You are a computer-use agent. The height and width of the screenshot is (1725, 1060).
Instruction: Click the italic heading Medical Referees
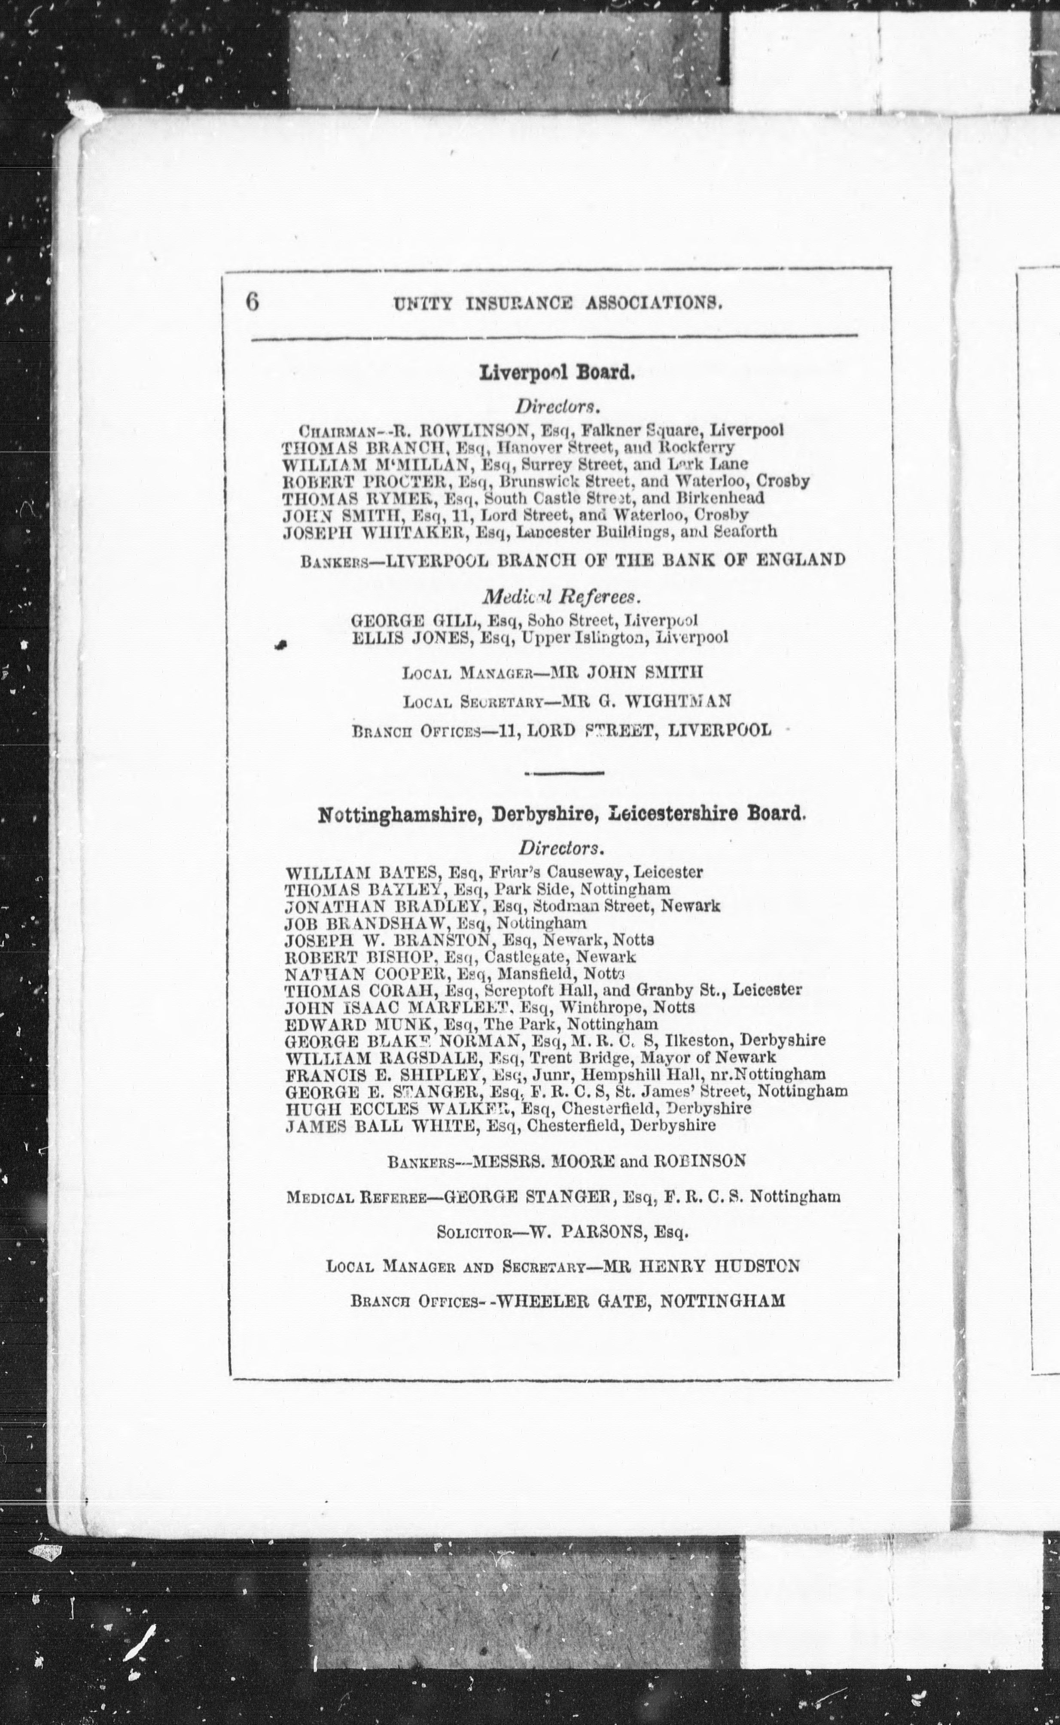pos(561,597)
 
